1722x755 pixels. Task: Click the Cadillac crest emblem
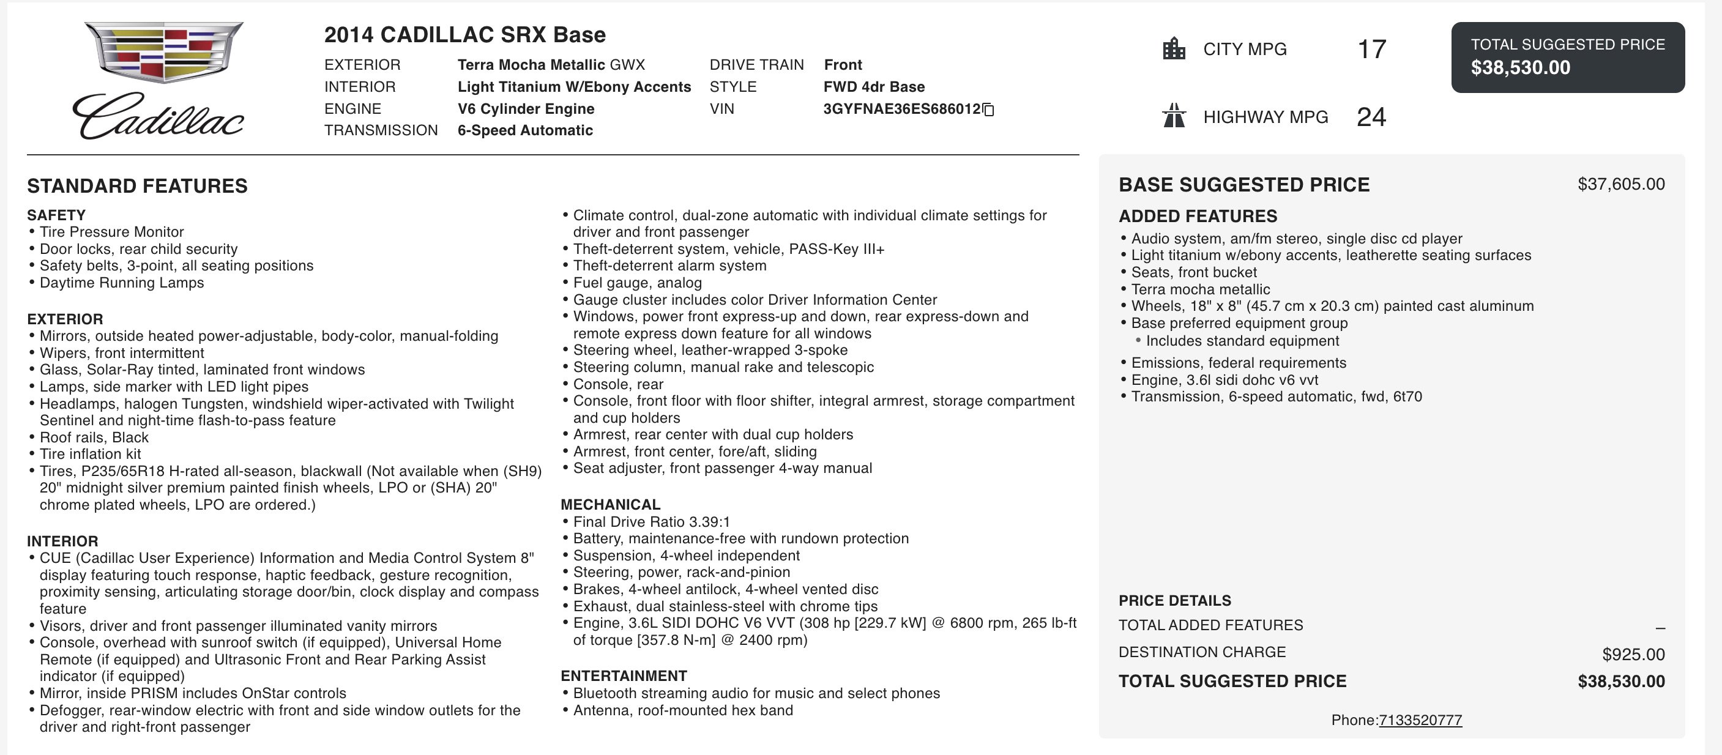coord(164,51)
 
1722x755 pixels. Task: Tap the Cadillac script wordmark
coord(158,117)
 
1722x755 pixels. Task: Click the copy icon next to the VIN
coord(989,110)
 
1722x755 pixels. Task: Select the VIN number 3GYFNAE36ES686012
coord(901,109)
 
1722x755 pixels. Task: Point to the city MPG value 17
coord(1372,50)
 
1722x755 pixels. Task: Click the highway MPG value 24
coord(1371,117)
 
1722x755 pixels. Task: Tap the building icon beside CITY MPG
coord(1174,49)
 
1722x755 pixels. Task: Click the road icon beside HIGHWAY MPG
coord(1174,116)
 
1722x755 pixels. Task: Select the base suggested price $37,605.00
coord(1620,184)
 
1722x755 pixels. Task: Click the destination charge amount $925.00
coord(1633,654)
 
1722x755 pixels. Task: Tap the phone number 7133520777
coord(1420,720)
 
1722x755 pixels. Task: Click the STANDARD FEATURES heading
coord(137,186)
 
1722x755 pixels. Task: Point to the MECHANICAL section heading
coord(610,504)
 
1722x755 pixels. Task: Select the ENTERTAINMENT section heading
coord(624,675)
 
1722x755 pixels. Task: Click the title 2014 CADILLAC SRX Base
coord(464,35)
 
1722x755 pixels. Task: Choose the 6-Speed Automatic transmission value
coord(525,130)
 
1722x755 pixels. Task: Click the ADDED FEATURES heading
coord(1198,217)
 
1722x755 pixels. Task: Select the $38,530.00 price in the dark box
coord(1520,67)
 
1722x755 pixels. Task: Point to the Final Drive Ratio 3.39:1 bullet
coord(651,522)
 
